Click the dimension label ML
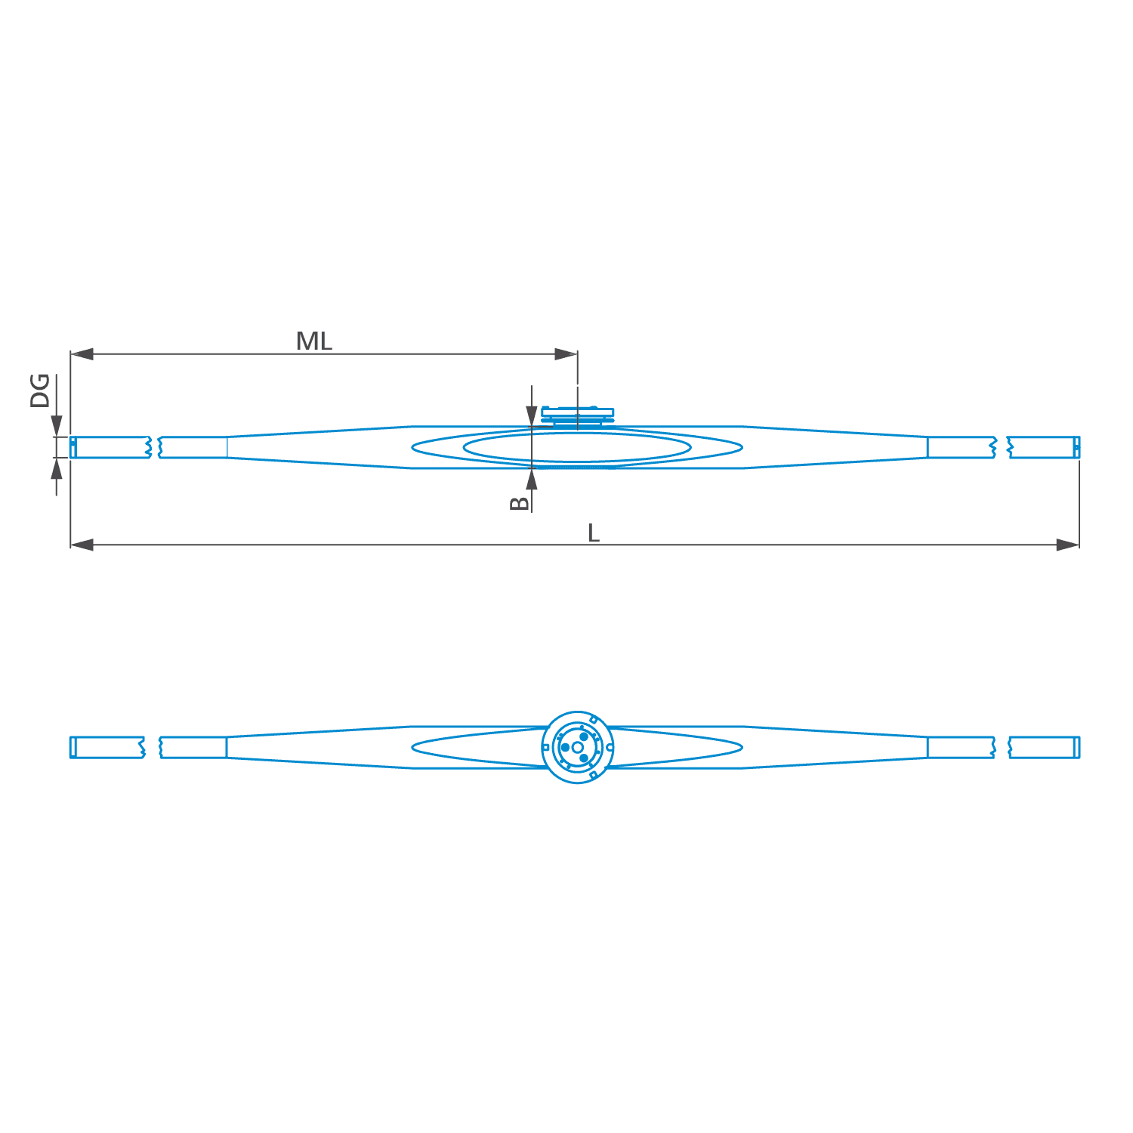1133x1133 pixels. [x=313, y=341]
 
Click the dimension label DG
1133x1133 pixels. [x=40, y=391]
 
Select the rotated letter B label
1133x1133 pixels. [x=520, y=503]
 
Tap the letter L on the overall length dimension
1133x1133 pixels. [x=594, y=533]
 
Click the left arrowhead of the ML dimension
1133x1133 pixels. [x=82, y=353]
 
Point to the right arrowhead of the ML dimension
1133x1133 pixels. [x=566, y=353]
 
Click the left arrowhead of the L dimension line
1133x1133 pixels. [x=82, y=545]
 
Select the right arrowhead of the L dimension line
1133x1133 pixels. [x=1068, y=545]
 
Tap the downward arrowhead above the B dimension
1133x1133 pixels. [x=532, y=416]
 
